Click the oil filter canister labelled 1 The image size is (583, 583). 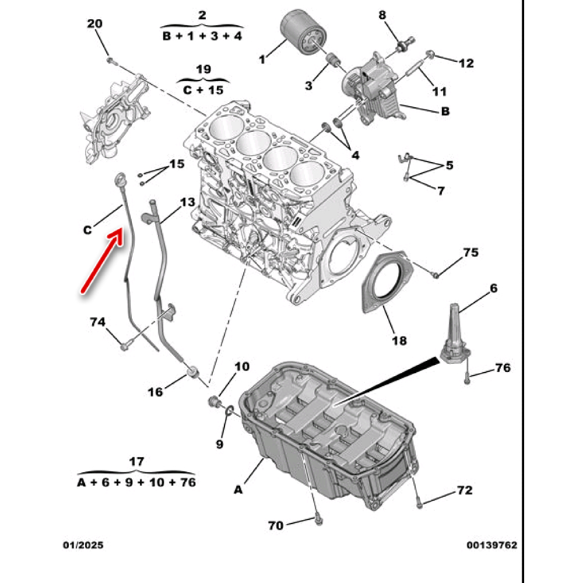point(303,33)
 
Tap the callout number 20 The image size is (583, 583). point(94,23)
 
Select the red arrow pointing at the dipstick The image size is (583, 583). point(102,260)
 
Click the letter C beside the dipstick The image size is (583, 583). point(87,230)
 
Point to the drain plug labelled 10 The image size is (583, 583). point(215,402)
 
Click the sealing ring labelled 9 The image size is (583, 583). point(229,410)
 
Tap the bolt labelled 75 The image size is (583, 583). point(436,275)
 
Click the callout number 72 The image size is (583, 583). point(465,490)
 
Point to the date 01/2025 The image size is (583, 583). point(83,545)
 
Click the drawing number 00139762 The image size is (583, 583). point(492,545)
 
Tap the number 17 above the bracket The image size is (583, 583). point(136,461)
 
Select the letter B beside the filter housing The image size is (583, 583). point(445,111)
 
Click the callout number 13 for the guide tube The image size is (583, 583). point(187,202)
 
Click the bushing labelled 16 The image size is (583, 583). point(193,371)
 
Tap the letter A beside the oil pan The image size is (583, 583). point(238,490)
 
